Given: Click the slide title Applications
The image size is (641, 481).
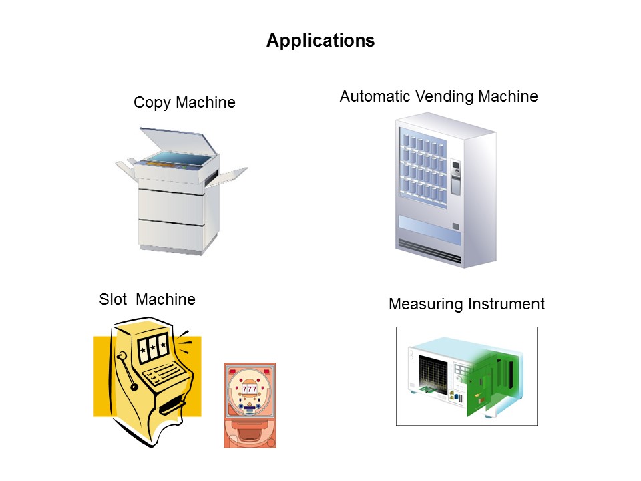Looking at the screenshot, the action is tap(320, 41).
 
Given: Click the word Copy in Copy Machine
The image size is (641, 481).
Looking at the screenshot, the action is tap(152, 102).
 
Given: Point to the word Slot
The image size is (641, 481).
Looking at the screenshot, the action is tap(114, 299).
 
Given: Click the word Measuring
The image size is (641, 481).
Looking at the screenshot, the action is tap(426, 305).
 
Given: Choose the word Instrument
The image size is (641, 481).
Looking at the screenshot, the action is tap(506, 304).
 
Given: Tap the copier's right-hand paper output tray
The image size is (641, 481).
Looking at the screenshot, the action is tap(227, 176).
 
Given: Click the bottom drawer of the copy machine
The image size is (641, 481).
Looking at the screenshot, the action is tap(171, 234).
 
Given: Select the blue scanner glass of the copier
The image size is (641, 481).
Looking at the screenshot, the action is tap(180, 160).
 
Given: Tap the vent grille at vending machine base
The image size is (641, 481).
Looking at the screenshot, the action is tap(429, 249).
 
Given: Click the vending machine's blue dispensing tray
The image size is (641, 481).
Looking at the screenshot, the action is tap(429, 229).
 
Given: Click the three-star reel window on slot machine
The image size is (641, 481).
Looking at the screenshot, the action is tap(152, 348).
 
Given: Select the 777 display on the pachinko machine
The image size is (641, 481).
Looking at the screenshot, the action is tap(250, 389).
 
